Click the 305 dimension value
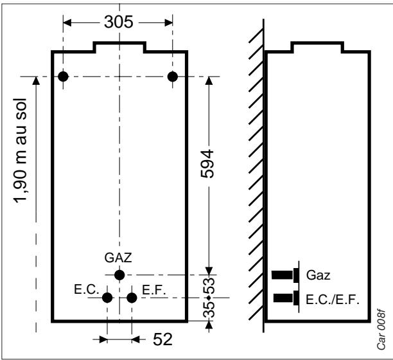click(119, 22)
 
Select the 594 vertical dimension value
click(207, 164)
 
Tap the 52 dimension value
click(162, 339)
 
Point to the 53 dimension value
click(209, 285)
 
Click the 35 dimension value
click(209, 310)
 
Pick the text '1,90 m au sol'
click(20, 151)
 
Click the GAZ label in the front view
click(118, 258)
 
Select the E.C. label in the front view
click(87, 290)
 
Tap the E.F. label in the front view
click(154, 290)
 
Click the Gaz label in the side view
click(318, 275)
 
